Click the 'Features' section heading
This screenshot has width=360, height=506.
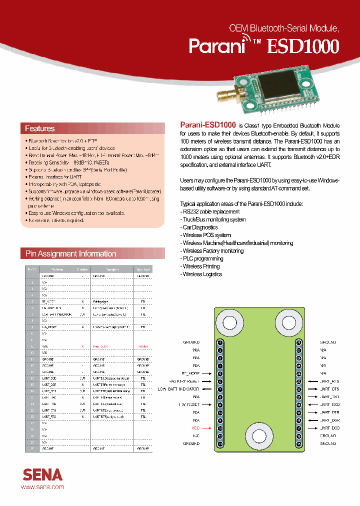40,128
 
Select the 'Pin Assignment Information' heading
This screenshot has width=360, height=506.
70,253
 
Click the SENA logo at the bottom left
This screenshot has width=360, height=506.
42,474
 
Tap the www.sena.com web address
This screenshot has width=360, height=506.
42,486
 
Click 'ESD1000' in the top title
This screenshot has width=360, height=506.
303,46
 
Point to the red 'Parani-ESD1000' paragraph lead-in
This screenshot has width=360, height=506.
207,125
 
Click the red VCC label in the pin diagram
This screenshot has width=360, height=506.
195,428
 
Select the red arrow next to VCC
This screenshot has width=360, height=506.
206,428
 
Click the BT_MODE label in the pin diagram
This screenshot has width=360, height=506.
190,373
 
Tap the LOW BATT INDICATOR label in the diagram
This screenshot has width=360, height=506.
178,389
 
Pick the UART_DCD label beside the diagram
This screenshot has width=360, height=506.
329,428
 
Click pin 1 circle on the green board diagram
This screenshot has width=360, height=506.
220,342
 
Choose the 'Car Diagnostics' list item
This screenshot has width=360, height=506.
200,227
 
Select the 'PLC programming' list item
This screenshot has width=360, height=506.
202,258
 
